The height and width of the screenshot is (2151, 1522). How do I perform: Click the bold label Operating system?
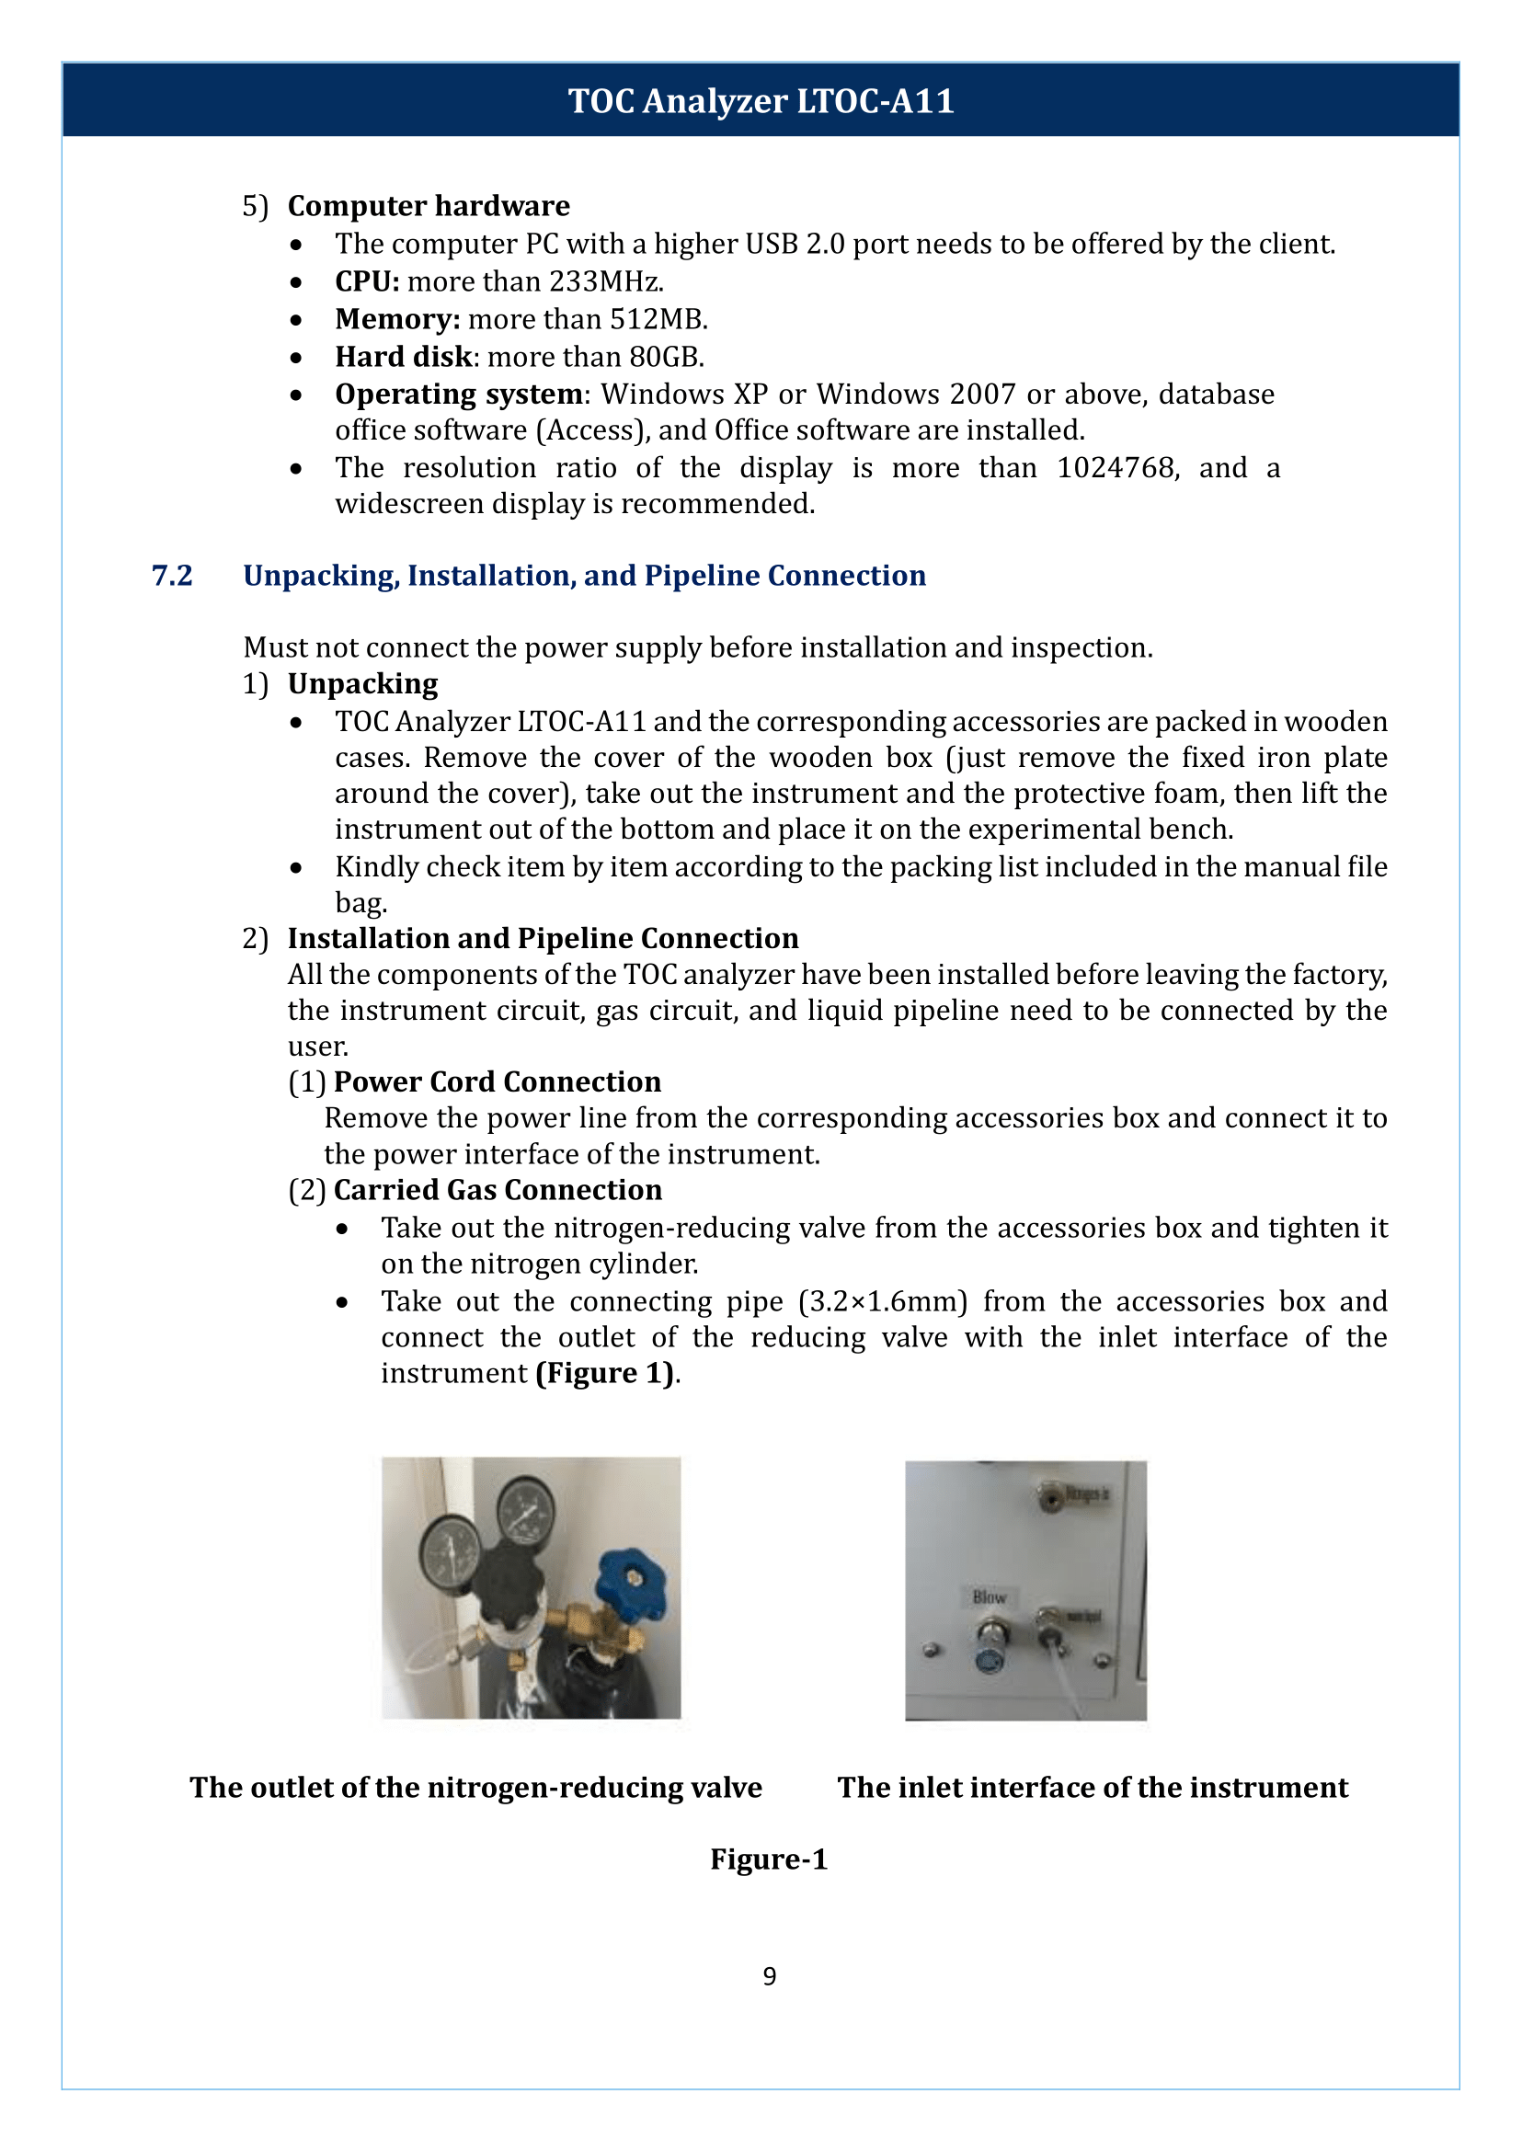pos(458,395)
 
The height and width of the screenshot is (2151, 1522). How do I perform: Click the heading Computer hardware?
pos(429,205)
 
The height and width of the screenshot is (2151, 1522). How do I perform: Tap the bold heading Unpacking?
pos(362,684)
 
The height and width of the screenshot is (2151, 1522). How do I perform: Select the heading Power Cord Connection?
pos(497,1081)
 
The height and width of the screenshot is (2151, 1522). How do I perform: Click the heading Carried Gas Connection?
pos(498,1189)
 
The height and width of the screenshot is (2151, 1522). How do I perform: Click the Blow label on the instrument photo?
pos(989,1596)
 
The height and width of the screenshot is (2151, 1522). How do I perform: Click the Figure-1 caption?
pos(769,1859)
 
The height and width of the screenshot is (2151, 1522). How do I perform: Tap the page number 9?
pos(769,1975)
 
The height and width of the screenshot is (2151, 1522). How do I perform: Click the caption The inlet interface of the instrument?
pos(1092,1788)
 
